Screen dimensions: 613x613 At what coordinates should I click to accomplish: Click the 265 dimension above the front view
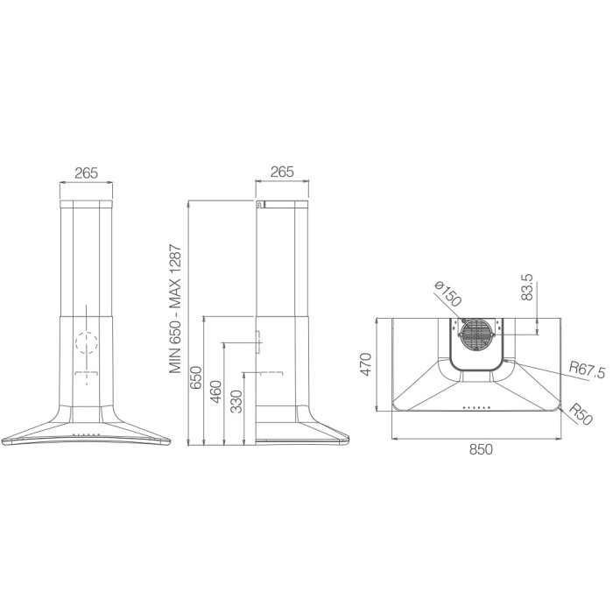(x=87, y=173)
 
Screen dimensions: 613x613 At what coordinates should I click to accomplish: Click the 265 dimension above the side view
(x=282, y=172)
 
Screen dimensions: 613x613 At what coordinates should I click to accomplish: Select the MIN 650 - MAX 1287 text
(x=175, y=309)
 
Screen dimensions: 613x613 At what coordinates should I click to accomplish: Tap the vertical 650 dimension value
(x=195, y=377)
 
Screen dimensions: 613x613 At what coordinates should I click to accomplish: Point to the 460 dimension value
(x=215, y=391)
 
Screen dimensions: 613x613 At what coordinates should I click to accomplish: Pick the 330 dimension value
(x=236, y=402)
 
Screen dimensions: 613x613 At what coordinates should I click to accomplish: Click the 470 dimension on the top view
(x=365, y=364)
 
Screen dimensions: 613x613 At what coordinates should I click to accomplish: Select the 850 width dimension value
(x=481, y=450)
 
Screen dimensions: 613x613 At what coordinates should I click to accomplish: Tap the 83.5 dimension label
(x=527, y=287)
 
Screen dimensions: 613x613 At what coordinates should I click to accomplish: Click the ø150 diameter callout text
(x=448, y=294)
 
